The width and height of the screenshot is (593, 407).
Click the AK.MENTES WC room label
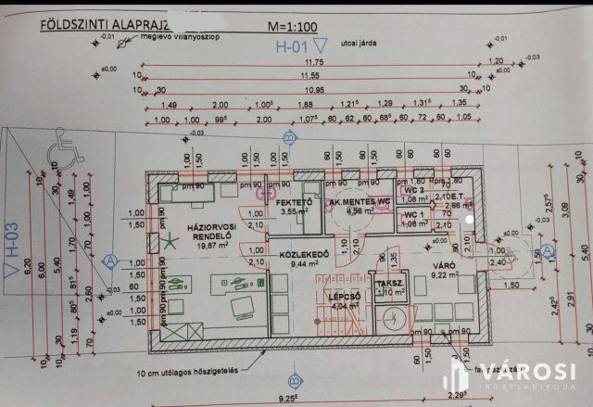(x=357, y=202)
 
